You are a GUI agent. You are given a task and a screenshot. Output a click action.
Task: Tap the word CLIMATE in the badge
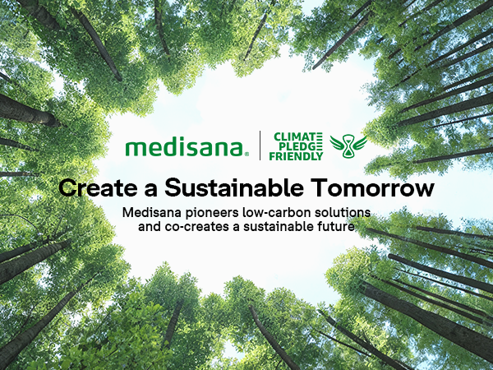tap(297, 136)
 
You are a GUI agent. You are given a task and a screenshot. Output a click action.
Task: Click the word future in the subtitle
tap(334, 225)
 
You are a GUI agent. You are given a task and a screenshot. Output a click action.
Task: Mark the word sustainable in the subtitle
tap(270, 225)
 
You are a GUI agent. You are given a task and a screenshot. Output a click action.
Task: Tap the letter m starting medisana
tap(135, 149)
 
